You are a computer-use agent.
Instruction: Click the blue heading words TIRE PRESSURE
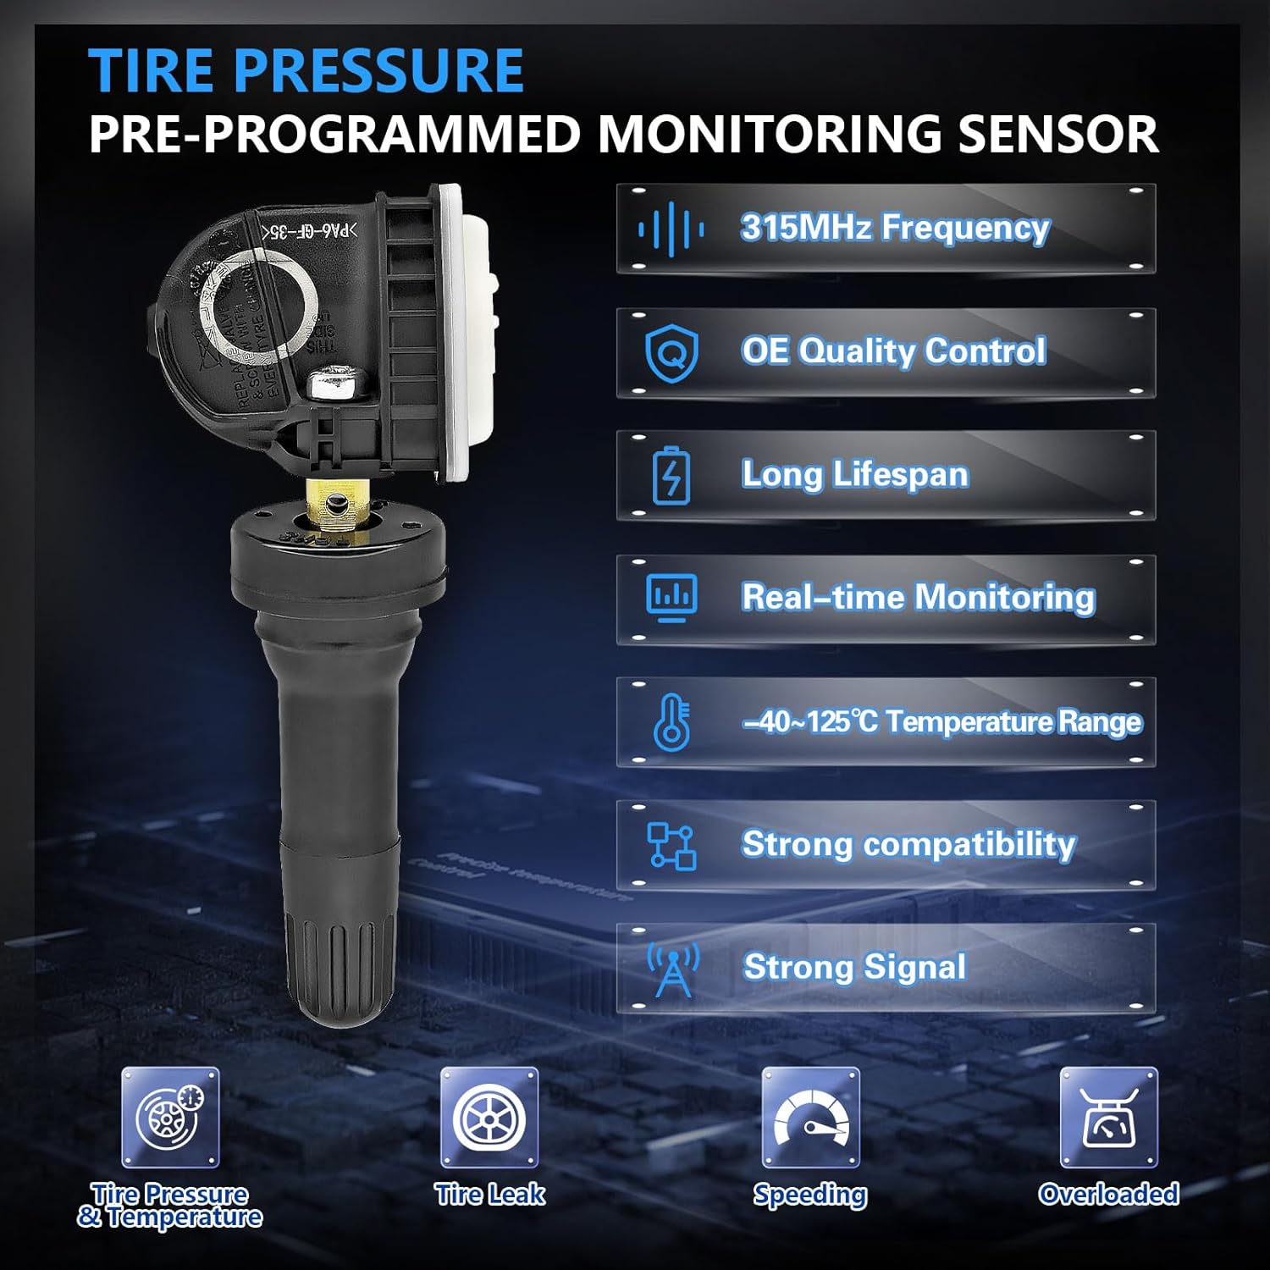[306, 70]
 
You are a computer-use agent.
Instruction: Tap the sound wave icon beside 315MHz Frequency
[671, 229]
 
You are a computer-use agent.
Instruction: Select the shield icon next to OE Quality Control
[671, 353]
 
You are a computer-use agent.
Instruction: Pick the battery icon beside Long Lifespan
[671, 476]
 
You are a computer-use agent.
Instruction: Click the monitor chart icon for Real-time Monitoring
[671, 598]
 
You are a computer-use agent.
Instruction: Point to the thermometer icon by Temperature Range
[671, 722]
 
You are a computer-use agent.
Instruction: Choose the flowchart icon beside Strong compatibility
[671, 846]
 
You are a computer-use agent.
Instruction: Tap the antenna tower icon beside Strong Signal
[673, 969]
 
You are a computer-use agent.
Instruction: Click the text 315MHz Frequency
[895, 228]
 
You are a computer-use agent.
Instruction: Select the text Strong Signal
[854, 967]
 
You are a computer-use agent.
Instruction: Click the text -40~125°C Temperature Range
[942, 722]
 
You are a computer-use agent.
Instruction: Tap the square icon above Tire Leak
[489, 1118]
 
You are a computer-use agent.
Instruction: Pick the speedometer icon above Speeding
[810, 1118]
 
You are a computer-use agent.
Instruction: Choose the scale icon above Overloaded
[1108, 1118]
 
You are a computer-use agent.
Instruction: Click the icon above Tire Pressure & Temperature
[170, 1118]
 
